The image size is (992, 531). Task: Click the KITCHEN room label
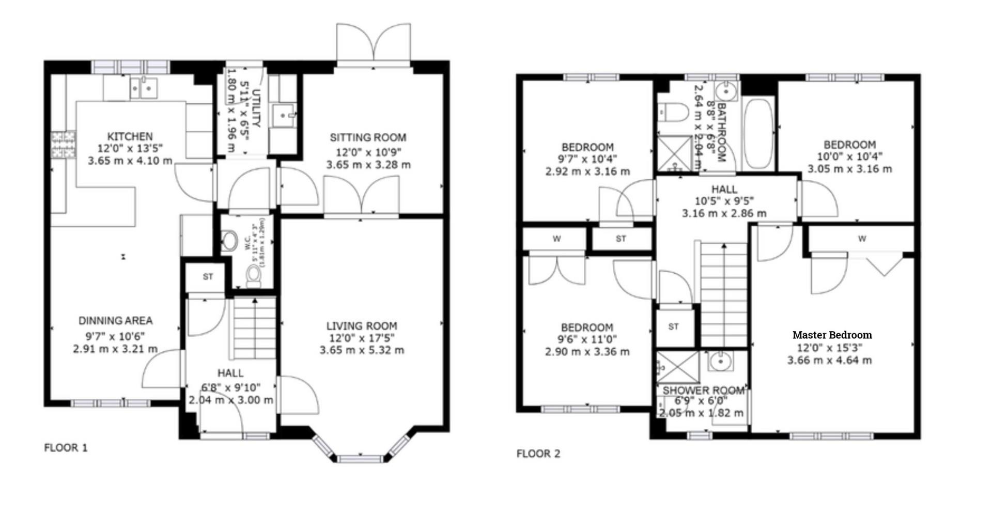coord(130,136)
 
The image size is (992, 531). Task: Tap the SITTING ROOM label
coord(368,137)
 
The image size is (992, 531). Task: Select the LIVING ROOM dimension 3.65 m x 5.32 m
coord(362,350)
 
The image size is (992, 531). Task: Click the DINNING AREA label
coord(115,320)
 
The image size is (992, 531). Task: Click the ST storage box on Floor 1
coord(207,277)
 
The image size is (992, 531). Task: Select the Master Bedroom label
coord(832,335)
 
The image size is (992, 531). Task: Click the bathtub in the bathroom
coord(758,133)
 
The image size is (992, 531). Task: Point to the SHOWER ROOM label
coord(703,391)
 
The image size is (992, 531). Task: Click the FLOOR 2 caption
coord(538,454)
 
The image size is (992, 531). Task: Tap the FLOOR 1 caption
coord(66,448)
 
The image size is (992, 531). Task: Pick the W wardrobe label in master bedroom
coord(862,239)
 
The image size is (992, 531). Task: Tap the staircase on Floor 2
coord(723,294)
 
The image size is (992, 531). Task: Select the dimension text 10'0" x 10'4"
coord(849,157)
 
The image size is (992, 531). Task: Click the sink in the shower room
coord(720,362)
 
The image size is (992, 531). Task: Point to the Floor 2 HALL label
coord(724,189)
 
